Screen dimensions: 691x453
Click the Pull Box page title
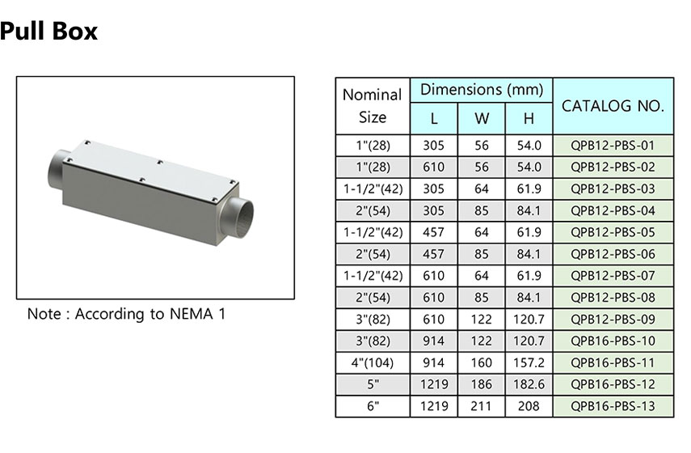48,31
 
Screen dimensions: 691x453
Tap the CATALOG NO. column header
613,106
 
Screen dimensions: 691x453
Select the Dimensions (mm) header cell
481,90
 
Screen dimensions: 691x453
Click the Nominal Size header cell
373,106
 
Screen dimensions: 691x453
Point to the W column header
481,118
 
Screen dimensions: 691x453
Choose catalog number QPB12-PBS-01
613,145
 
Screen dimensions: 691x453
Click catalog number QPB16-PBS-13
613,406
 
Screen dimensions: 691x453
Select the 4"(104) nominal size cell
373,362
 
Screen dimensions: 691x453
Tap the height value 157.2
529,362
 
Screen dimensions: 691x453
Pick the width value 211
481,406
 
